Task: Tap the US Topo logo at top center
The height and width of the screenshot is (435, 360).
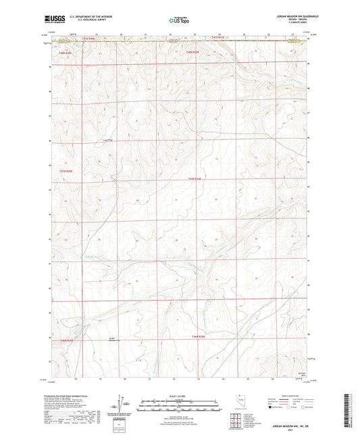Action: [x=179, y=20]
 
